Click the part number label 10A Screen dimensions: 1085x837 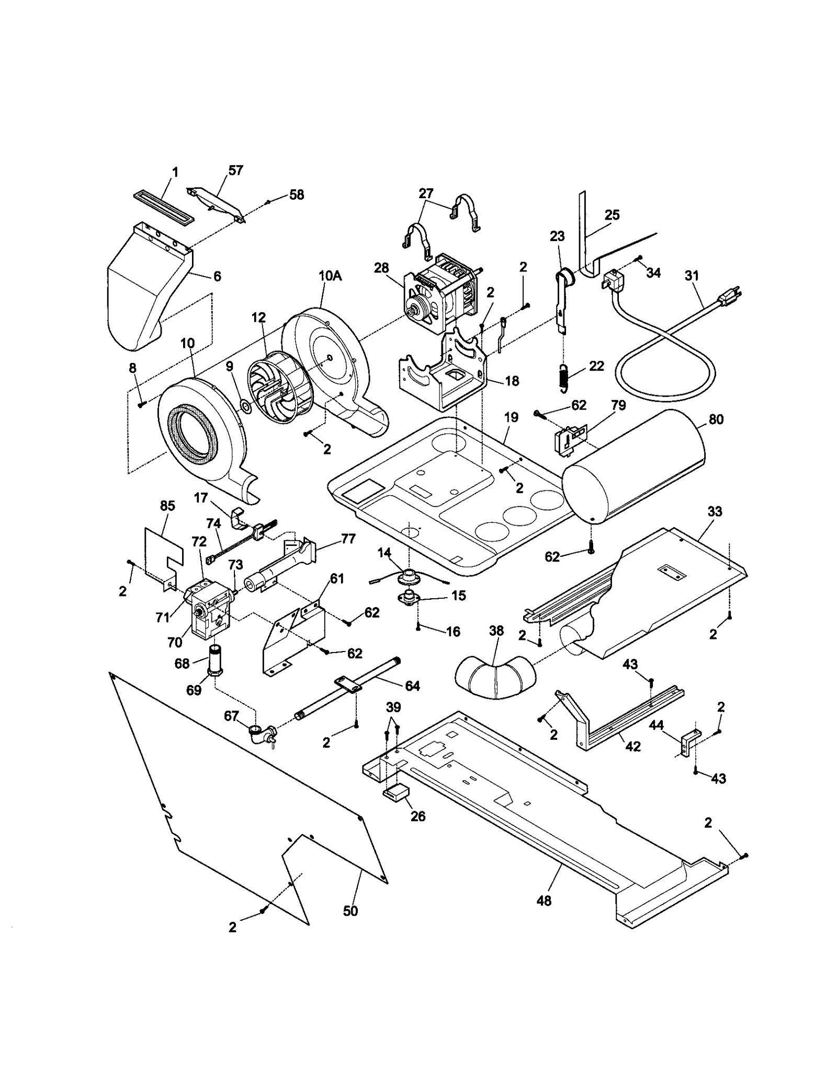(x=330, y=276)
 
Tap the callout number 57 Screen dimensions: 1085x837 (x=235, y=170)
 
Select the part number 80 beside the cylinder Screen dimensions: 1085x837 (x=716, y=419)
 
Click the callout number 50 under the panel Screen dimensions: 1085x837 (x=350, y=910)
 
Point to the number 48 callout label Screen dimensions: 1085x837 (x=544, y=900)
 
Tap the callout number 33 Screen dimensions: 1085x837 (x=715, y=511)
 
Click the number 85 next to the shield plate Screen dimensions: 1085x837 (x=167, y=506)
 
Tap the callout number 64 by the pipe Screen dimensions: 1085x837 (x=412, y=686)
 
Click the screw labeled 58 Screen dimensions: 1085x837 (x=268, y=201)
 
